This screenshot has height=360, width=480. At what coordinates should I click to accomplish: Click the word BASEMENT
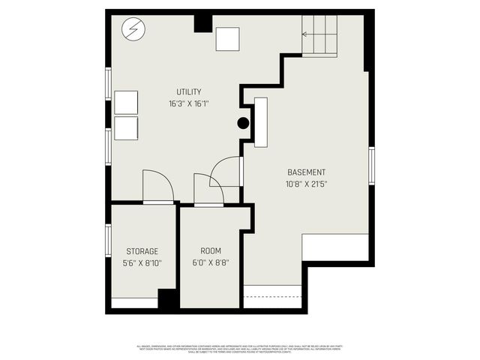pos(305,172)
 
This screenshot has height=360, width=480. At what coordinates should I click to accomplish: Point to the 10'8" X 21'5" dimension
pos(305,184)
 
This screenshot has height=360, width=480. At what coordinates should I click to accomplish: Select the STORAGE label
pos(142,250)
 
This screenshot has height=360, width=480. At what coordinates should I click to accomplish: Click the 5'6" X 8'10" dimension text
pos(142,263)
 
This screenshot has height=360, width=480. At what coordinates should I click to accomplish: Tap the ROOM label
pos(210,250)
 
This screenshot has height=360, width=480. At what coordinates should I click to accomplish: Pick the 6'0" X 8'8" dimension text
pos(210,263)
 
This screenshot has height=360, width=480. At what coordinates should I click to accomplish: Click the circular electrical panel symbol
pos(133,30)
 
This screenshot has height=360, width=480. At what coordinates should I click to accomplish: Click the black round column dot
pos(243,124)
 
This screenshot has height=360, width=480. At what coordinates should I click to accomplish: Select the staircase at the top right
pos(319,34)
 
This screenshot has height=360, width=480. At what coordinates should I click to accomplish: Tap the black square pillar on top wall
pos(202,22)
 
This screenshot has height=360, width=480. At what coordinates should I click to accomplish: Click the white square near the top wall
pos(227,39)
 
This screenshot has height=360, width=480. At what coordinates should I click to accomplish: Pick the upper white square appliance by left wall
pos(126,102)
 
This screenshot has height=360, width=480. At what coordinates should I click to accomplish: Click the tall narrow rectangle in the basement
pos(261,121)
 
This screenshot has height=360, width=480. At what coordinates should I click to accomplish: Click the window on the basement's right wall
pos(371,165)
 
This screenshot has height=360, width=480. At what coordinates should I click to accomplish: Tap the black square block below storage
pos(169,299)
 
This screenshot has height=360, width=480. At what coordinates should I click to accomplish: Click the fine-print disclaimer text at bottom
pos(240,348)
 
